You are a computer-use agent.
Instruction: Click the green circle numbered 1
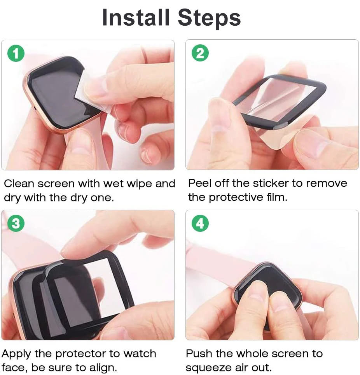pyautogui.click(x=16, y=54)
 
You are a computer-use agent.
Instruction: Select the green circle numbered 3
pyautogui.click(x=16, y=224)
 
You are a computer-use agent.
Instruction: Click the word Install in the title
pyautogui.click(x=136, y=18)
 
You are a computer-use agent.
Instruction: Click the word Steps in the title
pyautogui.click(x=209, y=18)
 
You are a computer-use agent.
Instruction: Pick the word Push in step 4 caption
pyautogui.click(x=198, y=354)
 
